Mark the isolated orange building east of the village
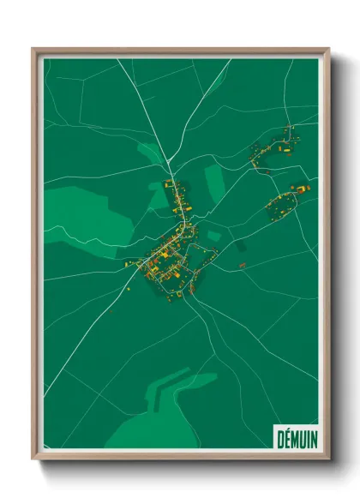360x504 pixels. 242,266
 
